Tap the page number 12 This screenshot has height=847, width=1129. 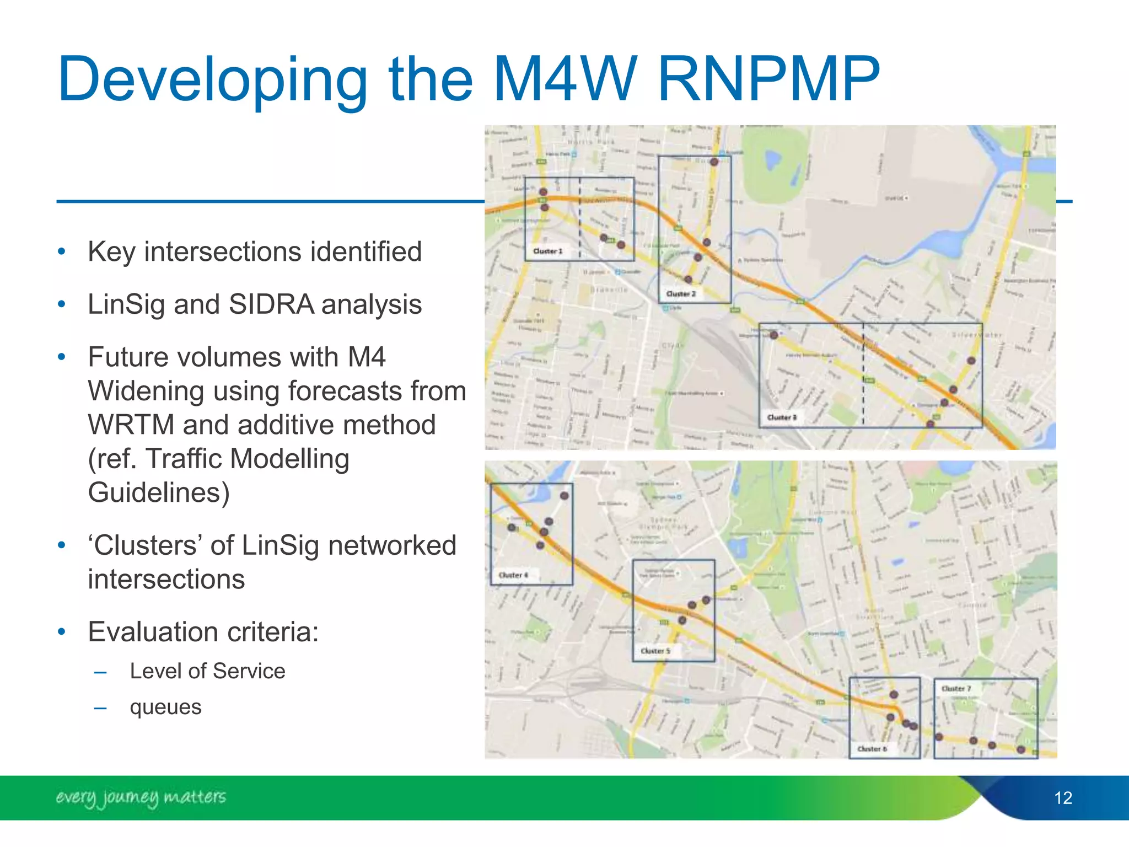click(x=1062, y=798)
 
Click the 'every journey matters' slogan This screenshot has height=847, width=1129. click(x=141, y=797)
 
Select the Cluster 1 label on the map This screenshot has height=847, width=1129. click(x=547, y=251)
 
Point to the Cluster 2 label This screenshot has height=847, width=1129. click(x=681, y=294)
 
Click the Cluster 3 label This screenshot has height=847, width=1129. click(x=782, y=417)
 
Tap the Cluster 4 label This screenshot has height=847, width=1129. click(x=513, y=575)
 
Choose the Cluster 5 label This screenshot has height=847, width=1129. click(x=655, y=651)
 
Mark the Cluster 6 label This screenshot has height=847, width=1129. click(x=872, y=749)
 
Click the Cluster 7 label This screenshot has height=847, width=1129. click(x=956, y=689)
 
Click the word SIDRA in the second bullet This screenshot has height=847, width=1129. click(x=271, y=304)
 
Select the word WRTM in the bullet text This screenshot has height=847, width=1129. click(x=131, y=425)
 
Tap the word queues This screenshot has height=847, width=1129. click(x=165, y=707)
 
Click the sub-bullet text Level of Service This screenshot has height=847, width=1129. click(x=207, y=671)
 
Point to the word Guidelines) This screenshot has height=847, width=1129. click(x=159, y=492)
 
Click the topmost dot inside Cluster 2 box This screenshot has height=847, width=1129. click(x=714, y=162)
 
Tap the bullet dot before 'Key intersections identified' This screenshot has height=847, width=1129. click(x=62, y=252)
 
